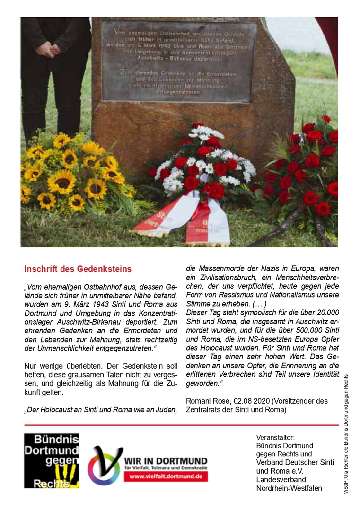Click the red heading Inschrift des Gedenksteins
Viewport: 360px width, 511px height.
point(78,269)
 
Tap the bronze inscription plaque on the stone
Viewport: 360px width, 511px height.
point(179,61)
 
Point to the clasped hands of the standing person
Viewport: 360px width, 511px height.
point(49,49)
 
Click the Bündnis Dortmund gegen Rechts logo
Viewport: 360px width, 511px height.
point(52,460)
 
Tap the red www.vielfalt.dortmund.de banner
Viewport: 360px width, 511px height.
point(166,476)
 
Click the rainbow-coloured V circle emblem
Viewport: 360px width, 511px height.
point(105,466)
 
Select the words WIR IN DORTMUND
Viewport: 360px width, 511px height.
point(166,461)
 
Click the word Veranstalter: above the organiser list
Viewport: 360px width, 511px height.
point(275,437)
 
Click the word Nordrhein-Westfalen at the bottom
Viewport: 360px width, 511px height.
point(289,488)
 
